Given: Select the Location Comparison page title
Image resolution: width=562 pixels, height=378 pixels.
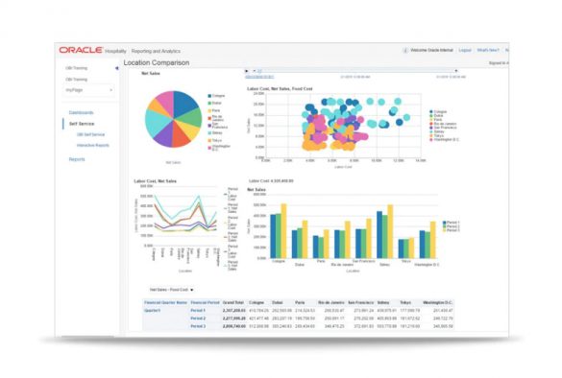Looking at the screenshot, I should (x=157, y=63).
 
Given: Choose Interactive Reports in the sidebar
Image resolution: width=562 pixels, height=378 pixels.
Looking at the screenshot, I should (x=93, y=145).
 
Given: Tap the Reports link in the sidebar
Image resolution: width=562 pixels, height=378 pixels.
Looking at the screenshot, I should (x=77, y=159).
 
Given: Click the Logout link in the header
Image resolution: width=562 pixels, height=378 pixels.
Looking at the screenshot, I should (x=465, y=49).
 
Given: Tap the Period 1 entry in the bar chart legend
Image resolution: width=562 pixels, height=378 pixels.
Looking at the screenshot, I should (x=452, y=222).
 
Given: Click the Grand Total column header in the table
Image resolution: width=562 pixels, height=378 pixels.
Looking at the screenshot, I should (x=234, y=302).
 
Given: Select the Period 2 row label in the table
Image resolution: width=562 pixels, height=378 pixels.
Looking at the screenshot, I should (x=198, y=319).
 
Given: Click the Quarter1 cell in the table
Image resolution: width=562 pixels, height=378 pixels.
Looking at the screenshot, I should (x=152, y=311).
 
